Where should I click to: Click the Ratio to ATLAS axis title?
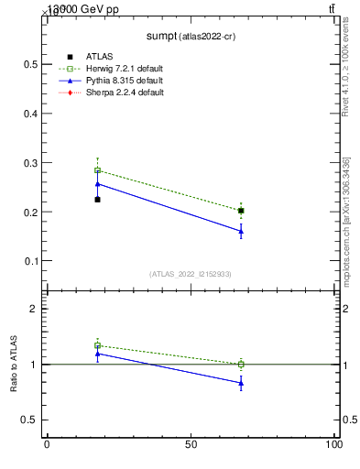click(x=14, y=365)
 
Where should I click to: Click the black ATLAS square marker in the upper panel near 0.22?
click(x=97, y=200)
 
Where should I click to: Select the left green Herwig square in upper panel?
click(x=97, y=170)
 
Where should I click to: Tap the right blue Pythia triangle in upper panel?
click(x=241, y=231)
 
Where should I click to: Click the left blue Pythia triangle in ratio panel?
click(x=97, y=353)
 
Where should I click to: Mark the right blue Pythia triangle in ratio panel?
click(x=241, y=383)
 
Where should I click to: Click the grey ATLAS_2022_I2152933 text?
click(x=190, y=274)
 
